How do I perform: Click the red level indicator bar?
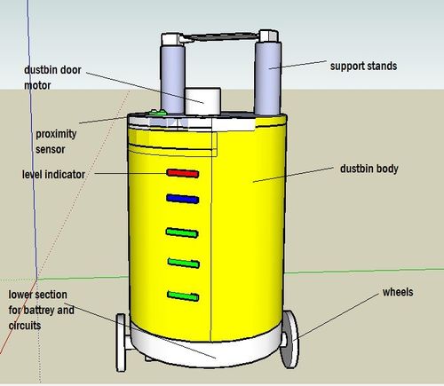click(x=180, y=172)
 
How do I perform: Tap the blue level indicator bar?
click(x=180, y=199)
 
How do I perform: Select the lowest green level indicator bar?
click(x=182, y=295)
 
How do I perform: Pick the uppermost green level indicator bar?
click(x=180, y=232)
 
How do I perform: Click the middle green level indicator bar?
click(x=181, y=263)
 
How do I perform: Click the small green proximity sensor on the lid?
click(x=158, y=113)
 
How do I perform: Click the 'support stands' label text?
click(x=363, y=66)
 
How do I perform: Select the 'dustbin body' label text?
click(x=369, y=168)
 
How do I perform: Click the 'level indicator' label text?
click(x=53, y=175)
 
